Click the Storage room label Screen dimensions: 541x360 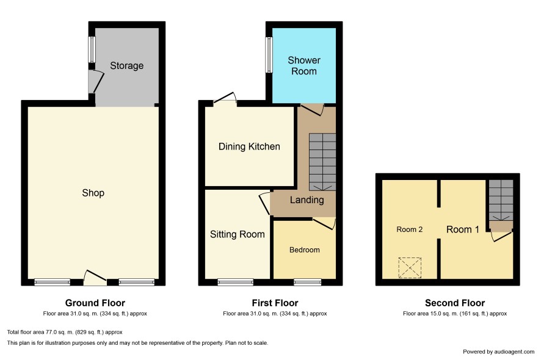click(x=126, y=65)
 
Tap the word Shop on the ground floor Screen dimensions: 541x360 click(x=93, y=193)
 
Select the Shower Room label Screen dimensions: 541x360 click(x=304, y=65)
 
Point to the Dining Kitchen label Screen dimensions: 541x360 click(x=249, y=146)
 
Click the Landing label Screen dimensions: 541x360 click(x=307, y=200)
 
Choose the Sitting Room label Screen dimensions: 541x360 click(x=238, y=234)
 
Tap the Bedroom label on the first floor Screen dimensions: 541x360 click(x=304, y=250)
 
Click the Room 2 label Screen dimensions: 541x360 click(x=410, y=229)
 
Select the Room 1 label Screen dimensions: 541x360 click(x=463, y=229)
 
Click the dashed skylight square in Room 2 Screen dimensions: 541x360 click(x=410, y=268)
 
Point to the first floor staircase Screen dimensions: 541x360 click(x=322, y=162)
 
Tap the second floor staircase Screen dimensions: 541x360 click(x=501, y=200)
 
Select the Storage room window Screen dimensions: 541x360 click(x=92, y=49)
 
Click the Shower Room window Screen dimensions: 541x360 click(x=269, y=55)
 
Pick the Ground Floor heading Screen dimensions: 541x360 click(x=95, y=303)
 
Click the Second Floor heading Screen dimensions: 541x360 click(x=455, y=303)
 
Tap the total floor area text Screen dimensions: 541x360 click(x=65, y=333)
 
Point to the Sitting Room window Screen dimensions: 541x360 click(x=236, y=283)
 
